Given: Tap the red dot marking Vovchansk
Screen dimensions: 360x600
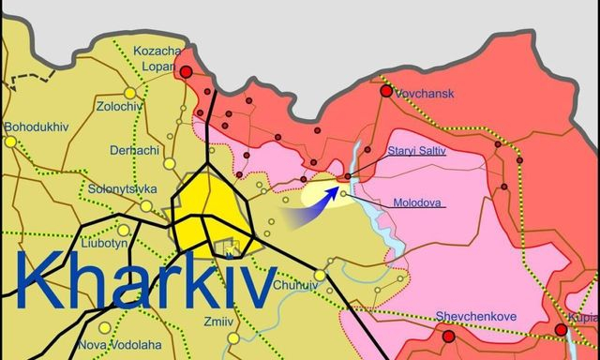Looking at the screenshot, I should click(385, 91).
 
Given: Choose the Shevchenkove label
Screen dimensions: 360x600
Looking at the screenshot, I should click(475, 317).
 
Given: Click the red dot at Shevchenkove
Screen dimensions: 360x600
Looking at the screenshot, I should click(448, 336).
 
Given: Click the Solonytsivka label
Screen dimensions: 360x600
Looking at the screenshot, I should click(122, 187).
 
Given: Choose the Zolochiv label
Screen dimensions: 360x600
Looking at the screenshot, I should click(119, 107).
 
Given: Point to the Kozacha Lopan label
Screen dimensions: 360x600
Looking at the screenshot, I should click(157, 60).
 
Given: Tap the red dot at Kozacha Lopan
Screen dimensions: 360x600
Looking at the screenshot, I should click(186, 71).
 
